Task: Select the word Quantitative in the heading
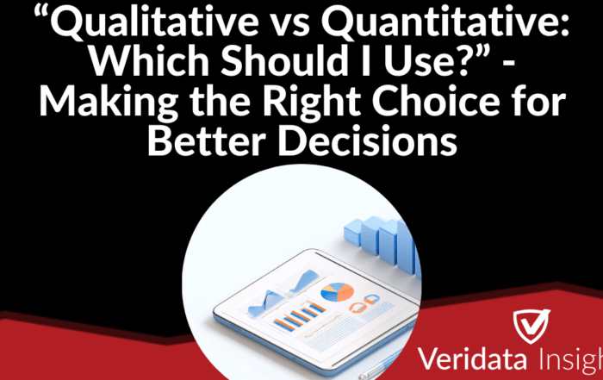click(448, 22)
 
